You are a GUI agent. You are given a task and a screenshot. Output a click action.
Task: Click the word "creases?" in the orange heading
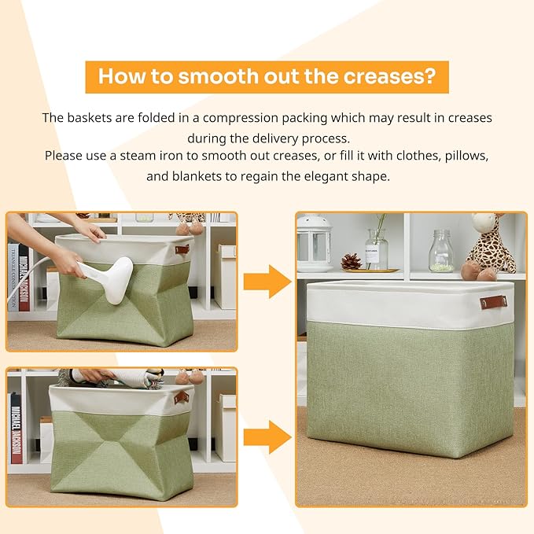[389, 76]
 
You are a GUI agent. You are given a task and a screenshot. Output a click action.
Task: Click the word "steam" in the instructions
[138, 156]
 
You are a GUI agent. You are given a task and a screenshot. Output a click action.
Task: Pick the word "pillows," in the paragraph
[466, 156]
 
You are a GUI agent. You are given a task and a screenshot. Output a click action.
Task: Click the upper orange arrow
[267, 282]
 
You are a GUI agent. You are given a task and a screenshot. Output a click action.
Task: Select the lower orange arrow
[267, 437]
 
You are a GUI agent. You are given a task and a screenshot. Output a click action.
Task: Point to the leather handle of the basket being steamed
[182, 249]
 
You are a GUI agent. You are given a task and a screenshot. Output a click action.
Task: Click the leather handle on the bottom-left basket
[181, 397]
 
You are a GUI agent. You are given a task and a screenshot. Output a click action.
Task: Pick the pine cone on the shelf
[351, 262]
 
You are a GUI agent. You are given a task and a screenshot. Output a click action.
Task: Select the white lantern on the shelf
[314, 242]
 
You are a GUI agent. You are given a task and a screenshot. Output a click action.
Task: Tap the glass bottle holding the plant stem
[377, 249]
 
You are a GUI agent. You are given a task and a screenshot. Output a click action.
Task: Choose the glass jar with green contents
[441, 251]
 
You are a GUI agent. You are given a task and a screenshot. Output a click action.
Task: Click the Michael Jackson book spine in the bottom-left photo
[17, 429]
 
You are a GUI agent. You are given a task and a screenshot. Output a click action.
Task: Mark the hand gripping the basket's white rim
[89, 231]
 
